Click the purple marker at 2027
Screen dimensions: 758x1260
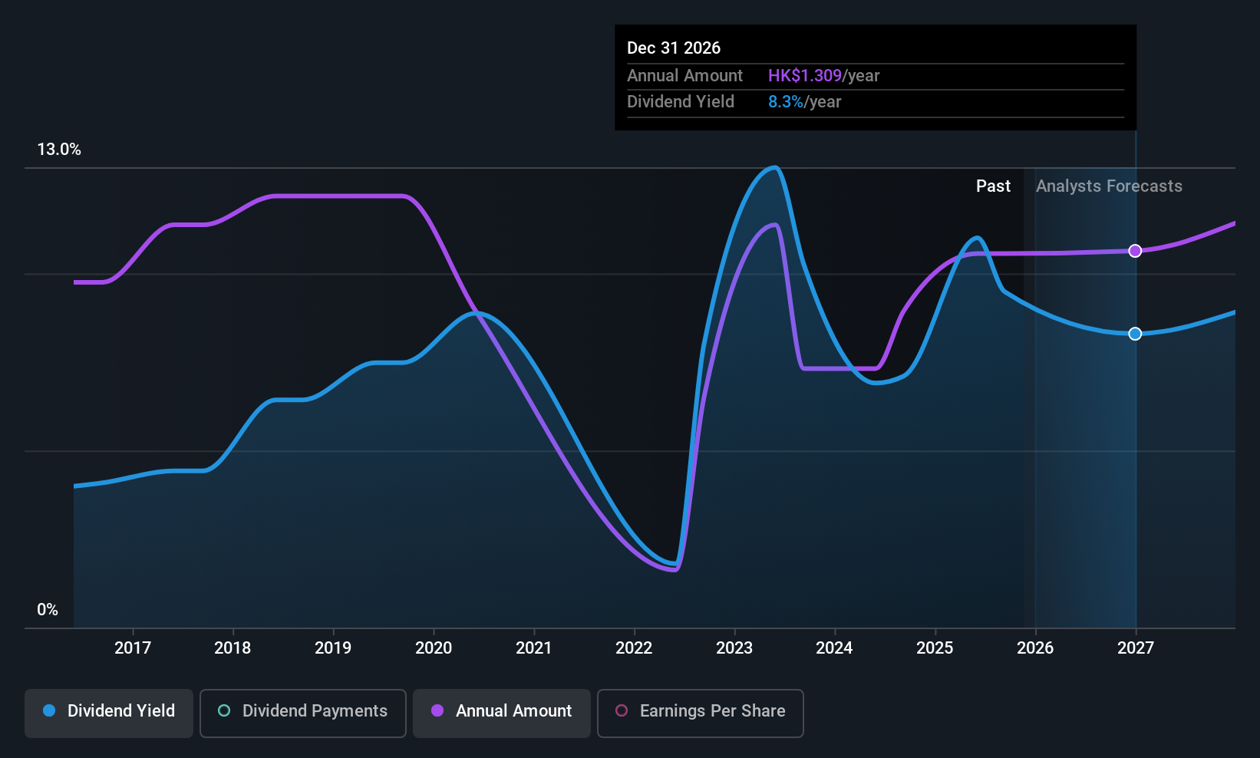point(1135,251)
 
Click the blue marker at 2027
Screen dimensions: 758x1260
point(1135,334)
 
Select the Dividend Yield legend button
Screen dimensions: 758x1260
point(109,711)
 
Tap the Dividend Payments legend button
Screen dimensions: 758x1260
point(303,711)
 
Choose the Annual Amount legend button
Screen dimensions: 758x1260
point(502,711)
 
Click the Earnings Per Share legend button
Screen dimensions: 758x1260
point(700,711)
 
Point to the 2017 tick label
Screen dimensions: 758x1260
point(133,648)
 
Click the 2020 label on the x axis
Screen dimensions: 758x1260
point(434,648)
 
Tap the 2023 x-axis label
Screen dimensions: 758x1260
point(734,648)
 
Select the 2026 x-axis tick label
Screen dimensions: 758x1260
point(1035,648)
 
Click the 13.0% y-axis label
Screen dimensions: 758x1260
point(59,150)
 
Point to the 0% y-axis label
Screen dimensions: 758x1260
point(48,610)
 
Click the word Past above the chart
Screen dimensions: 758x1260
point(993,186)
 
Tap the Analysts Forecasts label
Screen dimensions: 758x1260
point(1109,186)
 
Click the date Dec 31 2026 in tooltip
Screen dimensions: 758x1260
point(674,48)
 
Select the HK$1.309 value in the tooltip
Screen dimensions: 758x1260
point(805,76)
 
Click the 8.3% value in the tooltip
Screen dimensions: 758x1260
point(786,102)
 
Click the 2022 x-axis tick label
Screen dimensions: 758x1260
point(634,648)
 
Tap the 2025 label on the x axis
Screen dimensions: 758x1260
point(935,648)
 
